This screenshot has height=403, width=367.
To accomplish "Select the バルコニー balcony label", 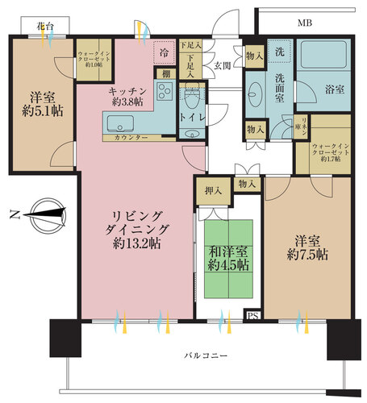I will (201, 355).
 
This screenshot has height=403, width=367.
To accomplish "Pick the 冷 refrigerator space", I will (164, 52).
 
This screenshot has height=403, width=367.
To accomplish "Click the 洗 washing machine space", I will (279, 51).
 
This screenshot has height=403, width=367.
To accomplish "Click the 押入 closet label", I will (213, 191).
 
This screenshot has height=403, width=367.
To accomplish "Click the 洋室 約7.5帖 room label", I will (310, 245).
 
